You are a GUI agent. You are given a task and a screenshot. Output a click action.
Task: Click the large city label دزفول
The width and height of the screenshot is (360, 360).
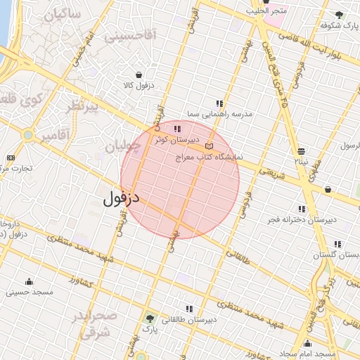122,198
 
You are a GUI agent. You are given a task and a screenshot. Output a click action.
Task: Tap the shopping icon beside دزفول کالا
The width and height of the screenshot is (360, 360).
139,75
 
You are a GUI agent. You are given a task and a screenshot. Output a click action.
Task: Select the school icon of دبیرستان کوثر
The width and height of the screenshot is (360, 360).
176,129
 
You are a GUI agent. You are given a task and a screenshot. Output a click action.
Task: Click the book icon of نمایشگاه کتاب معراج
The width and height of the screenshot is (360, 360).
208,146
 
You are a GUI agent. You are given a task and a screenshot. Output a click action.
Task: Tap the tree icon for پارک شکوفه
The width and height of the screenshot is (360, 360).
340,15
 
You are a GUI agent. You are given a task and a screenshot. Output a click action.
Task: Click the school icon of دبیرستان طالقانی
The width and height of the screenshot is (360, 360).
188,308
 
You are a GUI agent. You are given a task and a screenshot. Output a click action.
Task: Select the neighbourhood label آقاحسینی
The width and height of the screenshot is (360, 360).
130,35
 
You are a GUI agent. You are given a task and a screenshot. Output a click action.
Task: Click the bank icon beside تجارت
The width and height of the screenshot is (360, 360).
11,157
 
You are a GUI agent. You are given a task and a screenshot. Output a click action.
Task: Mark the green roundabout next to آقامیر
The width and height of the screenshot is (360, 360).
27,134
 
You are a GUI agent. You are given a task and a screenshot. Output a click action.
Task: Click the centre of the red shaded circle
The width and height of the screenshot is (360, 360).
180,179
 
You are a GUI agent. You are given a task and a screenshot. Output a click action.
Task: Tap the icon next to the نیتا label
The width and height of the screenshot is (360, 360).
302,151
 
